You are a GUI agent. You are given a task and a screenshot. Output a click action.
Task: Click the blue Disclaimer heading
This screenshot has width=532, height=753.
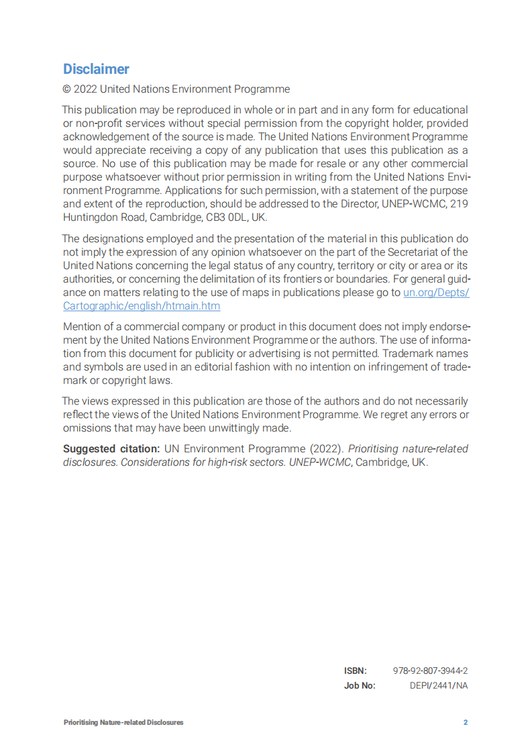click(96, 69)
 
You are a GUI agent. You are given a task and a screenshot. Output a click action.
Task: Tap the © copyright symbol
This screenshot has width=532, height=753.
click(67, 89)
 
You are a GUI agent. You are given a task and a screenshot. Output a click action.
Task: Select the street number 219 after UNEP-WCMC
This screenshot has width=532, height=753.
click(459, 205)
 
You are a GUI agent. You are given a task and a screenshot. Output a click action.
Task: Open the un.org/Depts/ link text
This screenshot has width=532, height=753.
click(435, 293)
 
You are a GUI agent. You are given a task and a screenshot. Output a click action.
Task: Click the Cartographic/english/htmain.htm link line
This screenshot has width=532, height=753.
click(142, 305)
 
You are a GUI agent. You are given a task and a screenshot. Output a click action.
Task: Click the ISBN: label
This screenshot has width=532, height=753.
click(356, 670)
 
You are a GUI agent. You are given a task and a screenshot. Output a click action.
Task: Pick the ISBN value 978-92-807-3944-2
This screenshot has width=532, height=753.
click(430, 670)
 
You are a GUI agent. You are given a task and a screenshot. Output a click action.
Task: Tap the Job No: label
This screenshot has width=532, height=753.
click(360, 686)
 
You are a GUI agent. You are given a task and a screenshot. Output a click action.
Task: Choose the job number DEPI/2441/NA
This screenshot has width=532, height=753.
click(439, 686)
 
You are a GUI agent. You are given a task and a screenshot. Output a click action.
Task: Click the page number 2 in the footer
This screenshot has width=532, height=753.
click(465, 723)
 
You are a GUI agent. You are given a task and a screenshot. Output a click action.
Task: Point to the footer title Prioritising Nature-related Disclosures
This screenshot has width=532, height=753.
click(123, 723)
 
